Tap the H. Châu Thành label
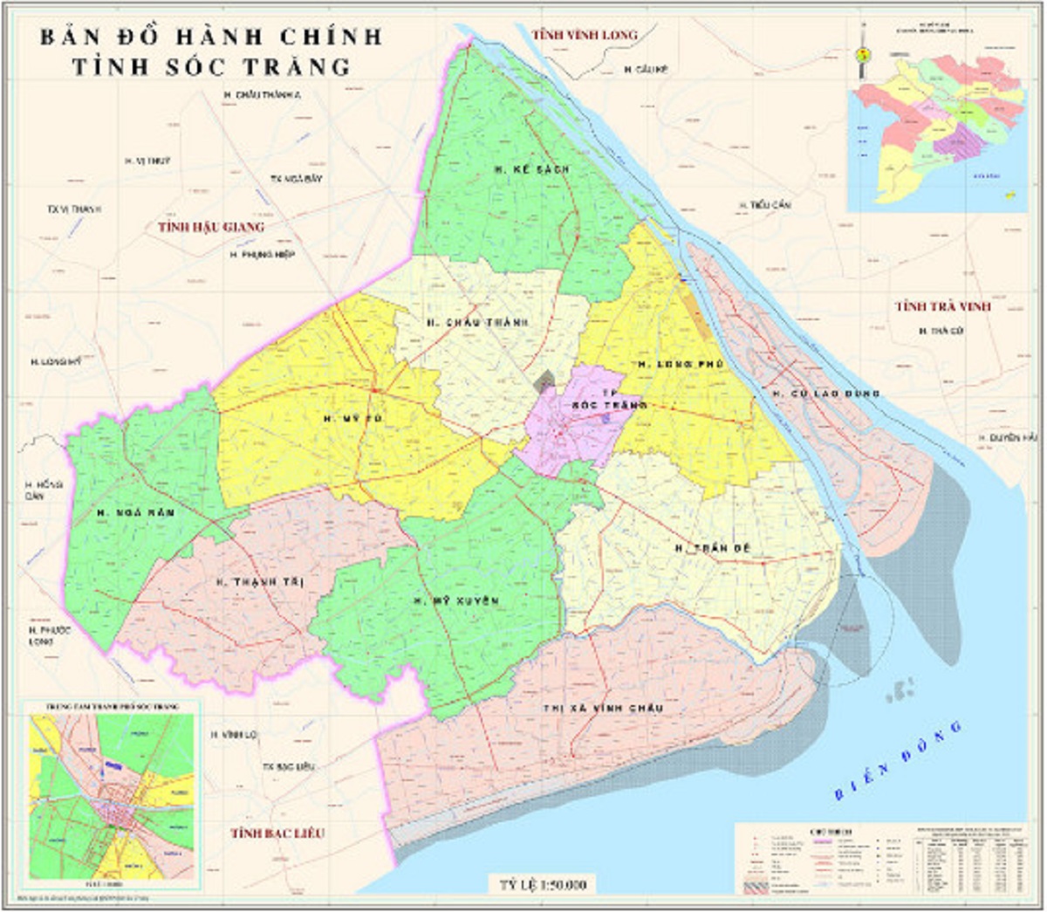pos(477,323)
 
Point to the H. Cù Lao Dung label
pos(825,394)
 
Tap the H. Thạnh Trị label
pos(259,582)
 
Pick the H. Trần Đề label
pos(713,548)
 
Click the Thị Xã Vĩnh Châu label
pos(604,708)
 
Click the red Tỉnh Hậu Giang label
pos(210,227)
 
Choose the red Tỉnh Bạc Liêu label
pos(277,833)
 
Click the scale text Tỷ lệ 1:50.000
pos(543,885)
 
